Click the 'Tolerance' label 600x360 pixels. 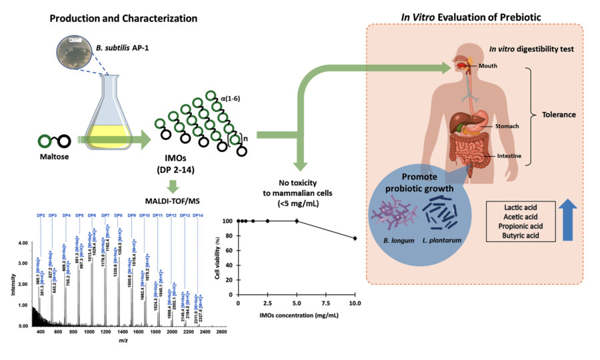(559, 114)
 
